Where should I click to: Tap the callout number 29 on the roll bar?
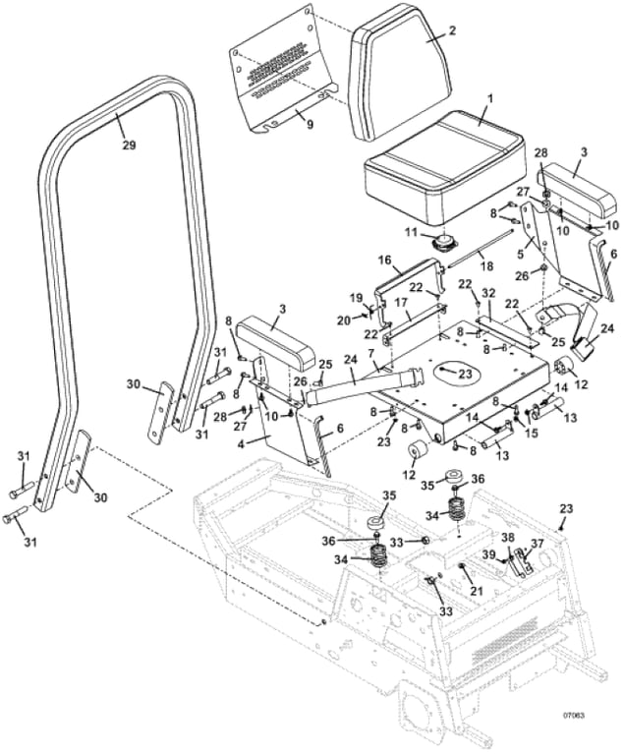pyautogui.click(x=129, y=145)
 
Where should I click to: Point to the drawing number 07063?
pyautogui.click(x=574, y=716)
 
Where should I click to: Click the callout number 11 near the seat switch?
pyautogui.click(x=410, y=233)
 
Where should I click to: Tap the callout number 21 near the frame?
pyautogui.click(x=477, y=590)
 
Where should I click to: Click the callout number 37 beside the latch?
pyautogui.click(x=537, y=544)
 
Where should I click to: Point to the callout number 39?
pyautogui.click(x=489, y=554)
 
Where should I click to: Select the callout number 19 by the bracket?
pyautogui.click(x=356, y=298)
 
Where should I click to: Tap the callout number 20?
pyautogui.click(x=344, y=319)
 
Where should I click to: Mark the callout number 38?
pyautogui.click(x=508, y=537)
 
